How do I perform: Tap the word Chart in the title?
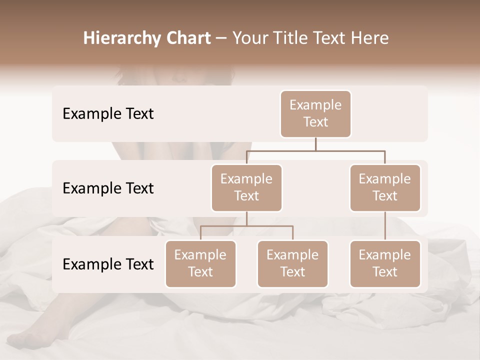click(x=186, y=38)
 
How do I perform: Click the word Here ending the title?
click(x=369, y=38)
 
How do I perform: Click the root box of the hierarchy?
click(x=315, y=114)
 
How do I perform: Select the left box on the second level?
click(x=246, y=188)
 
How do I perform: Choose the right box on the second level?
click(x=385, y=188)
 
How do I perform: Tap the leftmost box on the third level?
click(x=200, y=264)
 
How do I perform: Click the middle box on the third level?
click(x=292, y=264)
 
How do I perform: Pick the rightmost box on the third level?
click(x=385, y=264)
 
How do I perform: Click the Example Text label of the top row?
click(x=108, y=114)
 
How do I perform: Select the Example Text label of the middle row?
click(x=108, y=188)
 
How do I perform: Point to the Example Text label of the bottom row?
click(x=108, y=264)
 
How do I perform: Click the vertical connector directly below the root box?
click(x=315, y=144)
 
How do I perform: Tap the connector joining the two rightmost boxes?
click(x=385, y=226)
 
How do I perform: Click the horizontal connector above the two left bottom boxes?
click(x=246, y=226)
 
